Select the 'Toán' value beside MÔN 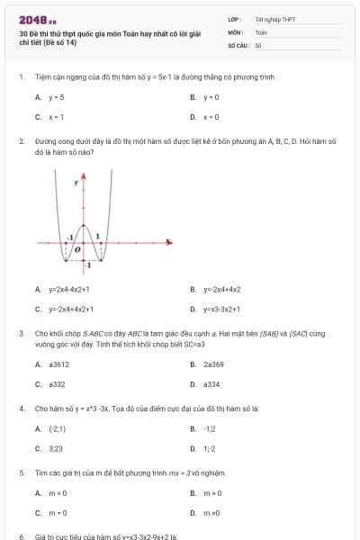coord(261,31)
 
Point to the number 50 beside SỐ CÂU coord(258,44)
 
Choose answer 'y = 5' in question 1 coord(56,96)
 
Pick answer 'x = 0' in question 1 coord(211,117)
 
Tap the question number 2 coord(21,142)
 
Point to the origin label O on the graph coord(78,247)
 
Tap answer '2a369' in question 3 coord(213,364)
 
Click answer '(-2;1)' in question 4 coord(58,429)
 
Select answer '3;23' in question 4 coord(56,448)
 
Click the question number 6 coord(21,536)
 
